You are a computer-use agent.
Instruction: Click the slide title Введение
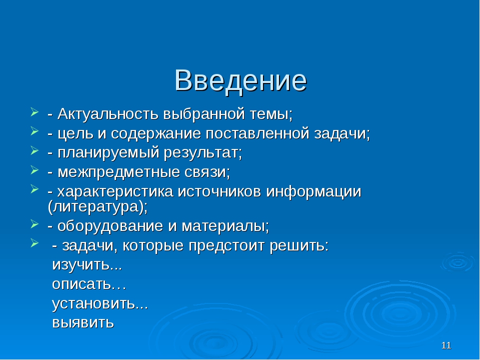(x=240, y=80)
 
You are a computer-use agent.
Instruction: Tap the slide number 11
(x=446, y=345)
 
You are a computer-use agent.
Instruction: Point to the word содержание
(x=156, y=134)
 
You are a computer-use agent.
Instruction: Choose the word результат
(x=202, y=153)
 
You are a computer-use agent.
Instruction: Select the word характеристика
(x=115, y=192)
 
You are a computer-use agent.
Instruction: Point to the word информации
(x=314, y=192)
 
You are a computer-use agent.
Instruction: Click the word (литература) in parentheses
(x=96, y=206)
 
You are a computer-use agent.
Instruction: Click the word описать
(x=81, y=284)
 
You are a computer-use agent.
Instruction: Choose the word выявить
(x=83, y=322)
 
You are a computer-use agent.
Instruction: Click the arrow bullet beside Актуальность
(x=34, y=111)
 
